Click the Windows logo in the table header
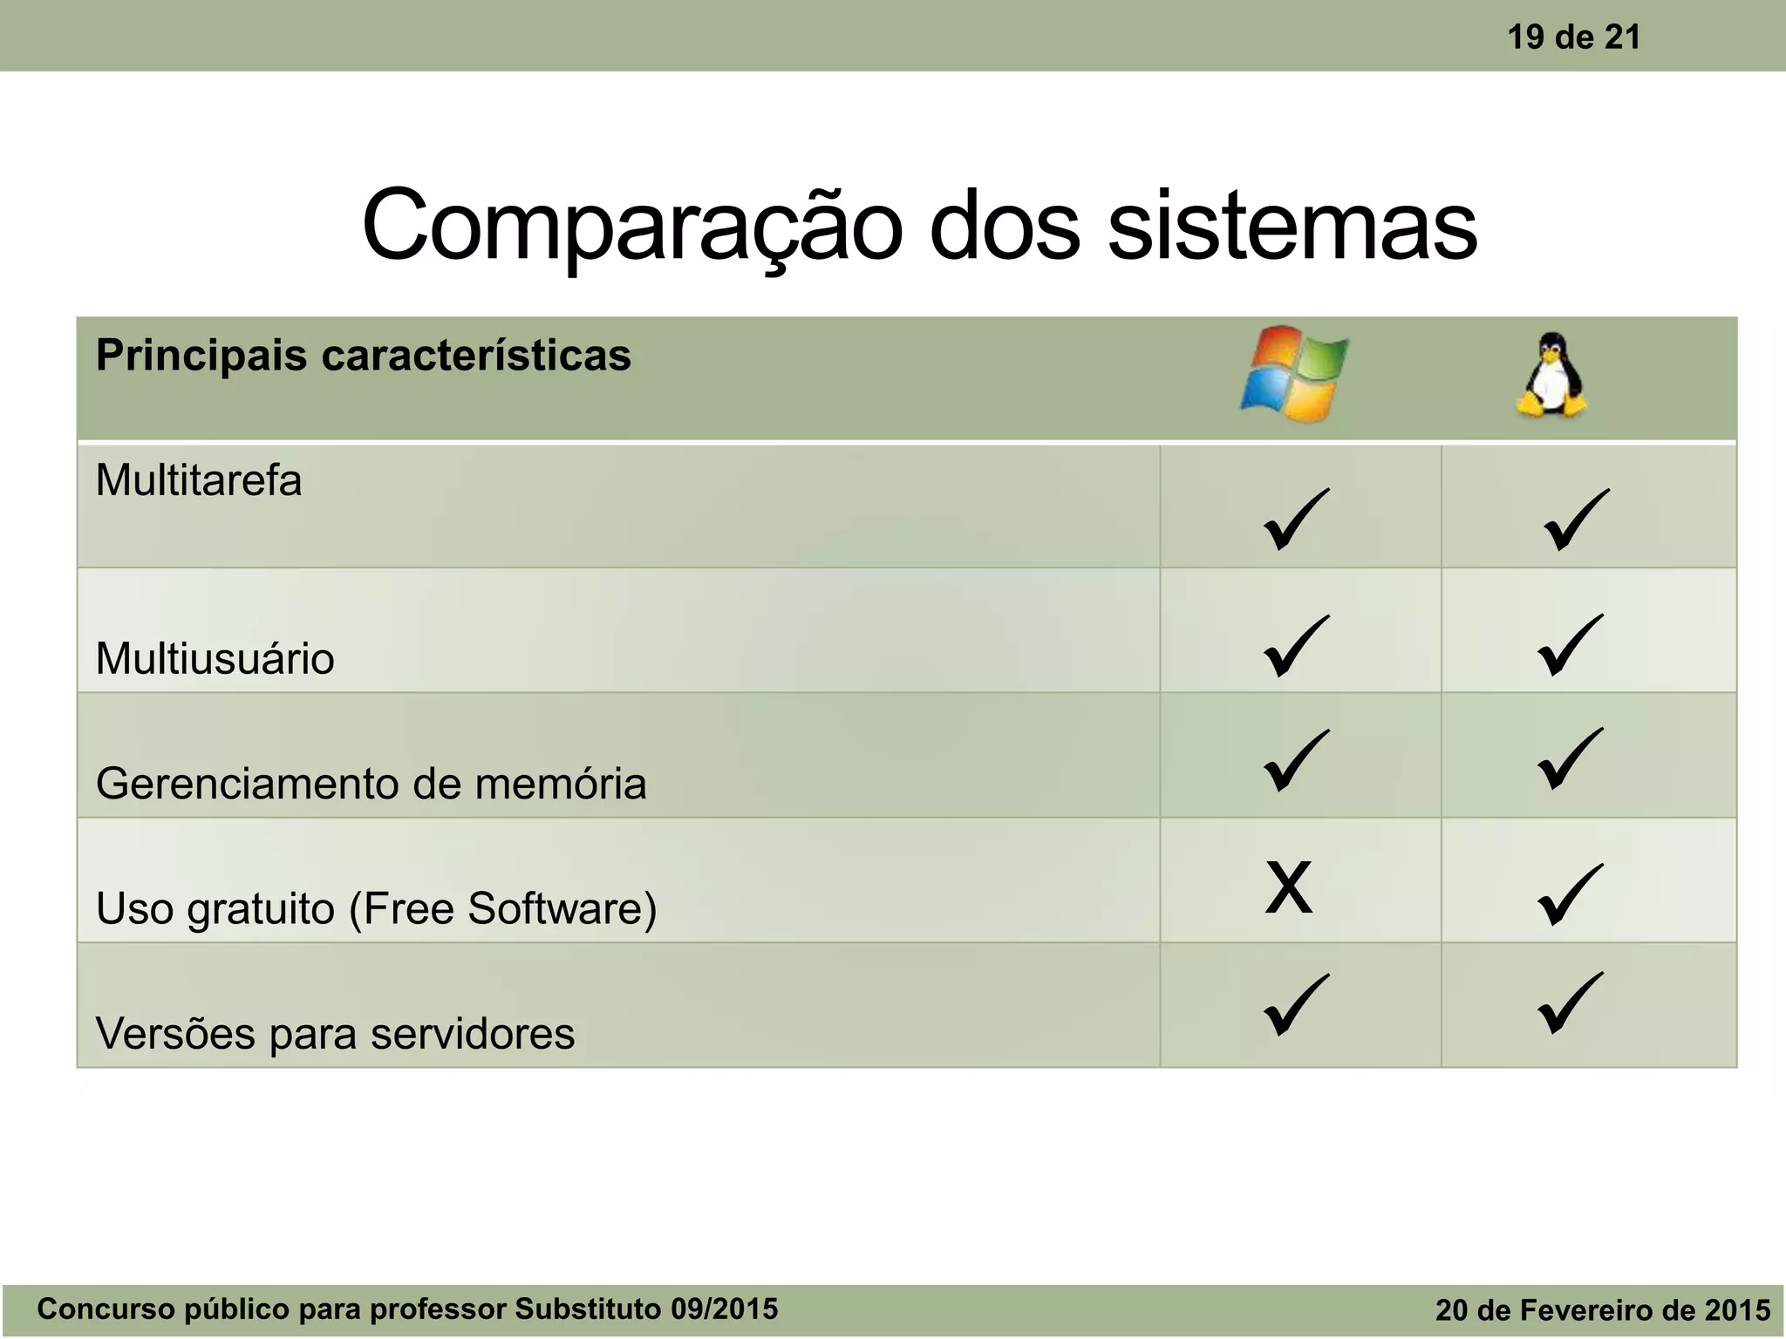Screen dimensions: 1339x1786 tap(1294, 375)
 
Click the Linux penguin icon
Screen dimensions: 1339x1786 tap(1551, 377)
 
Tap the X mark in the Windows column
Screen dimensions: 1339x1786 tap(1288, 887)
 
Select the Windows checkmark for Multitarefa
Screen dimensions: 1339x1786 tap(1296, 519)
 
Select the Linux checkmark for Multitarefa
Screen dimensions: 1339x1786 tap(1576, 520)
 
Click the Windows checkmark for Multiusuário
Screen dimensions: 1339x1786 tap(1296, 645)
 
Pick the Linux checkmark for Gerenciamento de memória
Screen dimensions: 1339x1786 tap(1570, 758)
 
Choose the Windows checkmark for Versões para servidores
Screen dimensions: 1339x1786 tap(1296, 1004)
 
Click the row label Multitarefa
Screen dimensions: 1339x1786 tap(199, 480)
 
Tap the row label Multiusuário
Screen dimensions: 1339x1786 tap(215, 658)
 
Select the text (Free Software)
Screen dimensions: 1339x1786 tap(503, 908)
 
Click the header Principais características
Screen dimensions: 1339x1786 tap(363, 356)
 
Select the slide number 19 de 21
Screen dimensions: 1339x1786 tap(1573, 37)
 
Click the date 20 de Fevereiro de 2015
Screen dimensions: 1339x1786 tap(1602, 1309)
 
